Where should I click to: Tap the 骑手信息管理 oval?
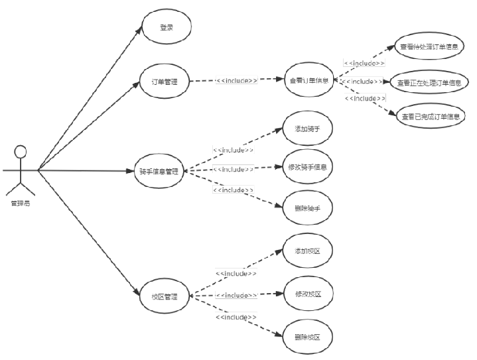[x=159, y=171]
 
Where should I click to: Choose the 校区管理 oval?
[x=165, y=296]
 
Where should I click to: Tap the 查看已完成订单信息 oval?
[x=431, y=117]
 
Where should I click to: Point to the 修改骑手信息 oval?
[x=308, y=166]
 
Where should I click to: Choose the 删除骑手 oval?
[x=308, y=208]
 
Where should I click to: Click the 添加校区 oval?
[x=307, y=251]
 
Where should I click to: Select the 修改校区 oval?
[x=308, y=294]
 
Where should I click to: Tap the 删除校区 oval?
[x=307, y=337]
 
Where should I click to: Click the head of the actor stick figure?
[x=21, y=150]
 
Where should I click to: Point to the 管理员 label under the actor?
[x=20, y=203]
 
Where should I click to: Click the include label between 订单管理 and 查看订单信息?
[x=237, y=80]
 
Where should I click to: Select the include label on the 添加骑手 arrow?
[x=233, y=150]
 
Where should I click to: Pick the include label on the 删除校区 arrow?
[x=236, y=318]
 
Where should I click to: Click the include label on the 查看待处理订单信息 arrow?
[x=364, y=64]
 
